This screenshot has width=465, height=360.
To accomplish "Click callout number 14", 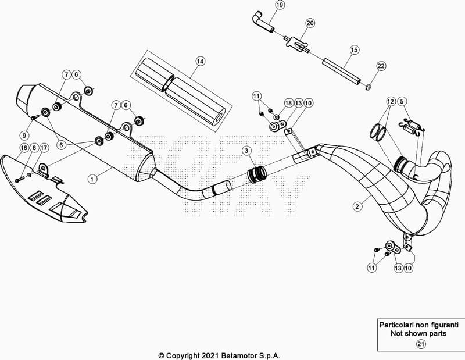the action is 200,62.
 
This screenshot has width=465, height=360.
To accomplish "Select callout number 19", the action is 280,5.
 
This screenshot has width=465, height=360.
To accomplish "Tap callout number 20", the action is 310,23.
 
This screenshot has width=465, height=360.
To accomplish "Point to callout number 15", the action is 355,50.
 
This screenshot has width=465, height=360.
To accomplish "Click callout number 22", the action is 381,66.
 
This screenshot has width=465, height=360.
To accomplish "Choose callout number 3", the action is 246,151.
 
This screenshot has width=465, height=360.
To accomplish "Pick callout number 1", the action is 92,179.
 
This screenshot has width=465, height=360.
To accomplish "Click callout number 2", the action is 357,206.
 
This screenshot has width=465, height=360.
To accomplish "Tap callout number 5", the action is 402,102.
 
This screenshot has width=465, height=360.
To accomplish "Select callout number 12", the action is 391,102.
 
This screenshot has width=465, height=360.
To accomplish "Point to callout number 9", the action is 24,136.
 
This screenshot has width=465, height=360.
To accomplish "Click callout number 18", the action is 288,103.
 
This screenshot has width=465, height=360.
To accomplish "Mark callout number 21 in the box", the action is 421,344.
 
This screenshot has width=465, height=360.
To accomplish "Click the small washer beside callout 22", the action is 368,87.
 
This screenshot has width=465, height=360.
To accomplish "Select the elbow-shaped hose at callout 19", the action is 262,22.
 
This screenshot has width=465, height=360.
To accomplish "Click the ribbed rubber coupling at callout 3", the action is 256,174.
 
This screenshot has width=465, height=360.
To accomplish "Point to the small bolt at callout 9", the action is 33,118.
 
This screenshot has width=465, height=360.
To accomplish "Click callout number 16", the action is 24,148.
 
